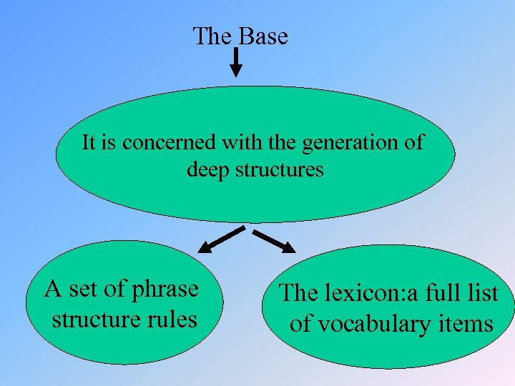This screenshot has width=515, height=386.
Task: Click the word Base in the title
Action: coord(263,36)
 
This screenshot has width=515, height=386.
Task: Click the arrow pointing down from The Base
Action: coord(236,62)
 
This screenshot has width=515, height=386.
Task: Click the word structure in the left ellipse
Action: coord(95,318)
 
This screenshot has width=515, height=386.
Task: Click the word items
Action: coord(468,323)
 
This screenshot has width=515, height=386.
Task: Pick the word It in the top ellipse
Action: coord(89,142)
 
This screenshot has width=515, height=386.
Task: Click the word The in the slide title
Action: coord(211,36)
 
